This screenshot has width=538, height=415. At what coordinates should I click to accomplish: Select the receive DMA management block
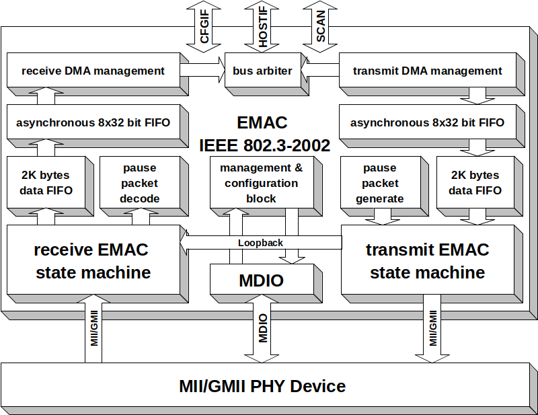[x=93, y=71]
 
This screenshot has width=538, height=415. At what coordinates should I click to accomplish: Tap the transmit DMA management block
[x=427, y=71]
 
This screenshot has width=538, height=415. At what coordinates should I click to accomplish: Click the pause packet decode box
[x=140, y=183]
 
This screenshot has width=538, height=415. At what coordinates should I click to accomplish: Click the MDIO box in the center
[x=261, y=280]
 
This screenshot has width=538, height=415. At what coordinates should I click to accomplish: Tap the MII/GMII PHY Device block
[x=262, y=386]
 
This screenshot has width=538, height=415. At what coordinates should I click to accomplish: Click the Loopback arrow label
[x=261, y=243]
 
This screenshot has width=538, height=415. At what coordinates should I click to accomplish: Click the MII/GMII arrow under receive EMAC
[x=94, y=330]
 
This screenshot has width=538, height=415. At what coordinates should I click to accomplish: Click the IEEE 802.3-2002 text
[x=264, y=145]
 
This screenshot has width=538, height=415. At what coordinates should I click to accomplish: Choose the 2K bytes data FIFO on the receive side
[x=46, y=183]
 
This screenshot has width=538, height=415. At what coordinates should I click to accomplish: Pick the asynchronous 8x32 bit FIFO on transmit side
[x=427, y=123]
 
